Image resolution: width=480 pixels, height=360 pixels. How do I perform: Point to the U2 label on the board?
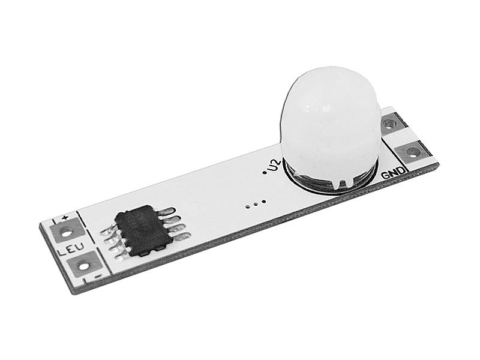pos(274,166)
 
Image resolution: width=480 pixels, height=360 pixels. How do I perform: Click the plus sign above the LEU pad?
pos(64,218)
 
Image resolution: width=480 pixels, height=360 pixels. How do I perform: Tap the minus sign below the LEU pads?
pos(98,276)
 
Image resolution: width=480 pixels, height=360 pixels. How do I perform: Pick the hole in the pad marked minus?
pos(83,266)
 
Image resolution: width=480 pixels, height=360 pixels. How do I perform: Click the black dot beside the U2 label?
pos(265,173)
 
